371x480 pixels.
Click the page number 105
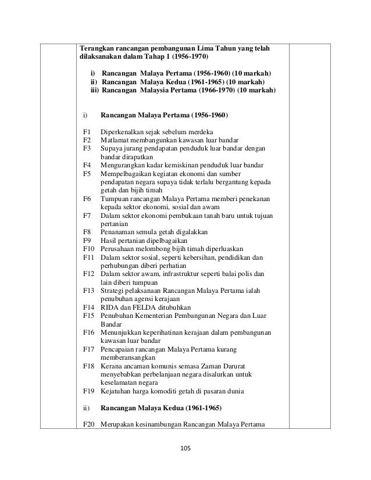185,449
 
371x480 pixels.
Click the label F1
87,132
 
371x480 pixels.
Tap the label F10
88,248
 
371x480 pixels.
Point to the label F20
88,424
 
